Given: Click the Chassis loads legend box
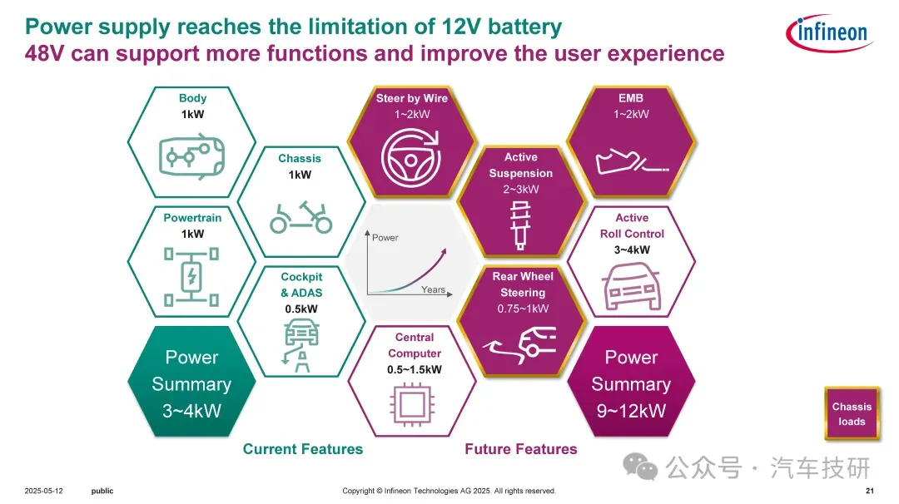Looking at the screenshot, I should coord(852,414).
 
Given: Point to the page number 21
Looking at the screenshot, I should coord(869,491).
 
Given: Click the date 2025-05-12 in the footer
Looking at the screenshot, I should coord(44,491).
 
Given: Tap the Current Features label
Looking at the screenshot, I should coord(303,449).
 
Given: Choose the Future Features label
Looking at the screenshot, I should coord(520,449).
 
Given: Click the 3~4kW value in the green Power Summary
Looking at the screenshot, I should coord(191,410).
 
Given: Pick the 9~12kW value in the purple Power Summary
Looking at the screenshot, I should coord(631,410).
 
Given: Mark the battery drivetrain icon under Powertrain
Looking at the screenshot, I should coord(192,275).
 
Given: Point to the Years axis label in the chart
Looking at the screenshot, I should coord(433,289).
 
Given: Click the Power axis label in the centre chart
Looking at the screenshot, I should coord(385,237).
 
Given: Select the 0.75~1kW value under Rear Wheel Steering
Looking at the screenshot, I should coord(522,309).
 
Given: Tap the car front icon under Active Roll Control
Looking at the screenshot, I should coord(631,286).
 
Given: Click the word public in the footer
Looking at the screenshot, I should coord(102,491).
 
